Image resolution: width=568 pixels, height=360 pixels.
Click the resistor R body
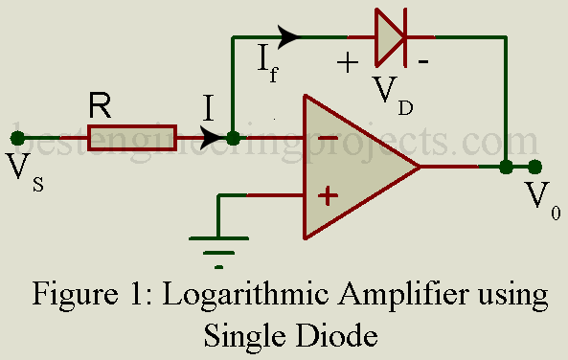132,138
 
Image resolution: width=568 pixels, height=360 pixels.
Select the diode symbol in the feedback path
391,37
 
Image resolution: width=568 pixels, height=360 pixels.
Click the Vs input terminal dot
17,138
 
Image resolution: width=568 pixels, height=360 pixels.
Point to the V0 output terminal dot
534,167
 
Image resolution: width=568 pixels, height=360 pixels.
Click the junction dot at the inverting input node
233,138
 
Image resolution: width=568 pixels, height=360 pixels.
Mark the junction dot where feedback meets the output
506,167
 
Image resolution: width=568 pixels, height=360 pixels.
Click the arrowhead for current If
288,36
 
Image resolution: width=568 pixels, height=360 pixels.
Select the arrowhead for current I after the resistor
212,137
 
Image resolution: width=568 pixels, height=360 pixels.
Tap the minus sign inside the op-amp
328,138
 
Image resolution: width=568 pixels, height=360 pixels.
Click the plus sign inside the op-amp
328,196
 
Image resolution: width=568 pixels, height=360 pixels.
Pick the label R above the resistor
100,106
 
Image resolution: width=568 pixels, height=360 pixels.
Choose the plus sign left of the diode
348,62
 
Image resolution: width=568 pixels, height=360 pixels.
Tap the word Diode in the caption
337,334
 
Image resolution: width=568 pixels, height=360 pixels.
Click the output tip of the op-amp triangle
420,167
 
